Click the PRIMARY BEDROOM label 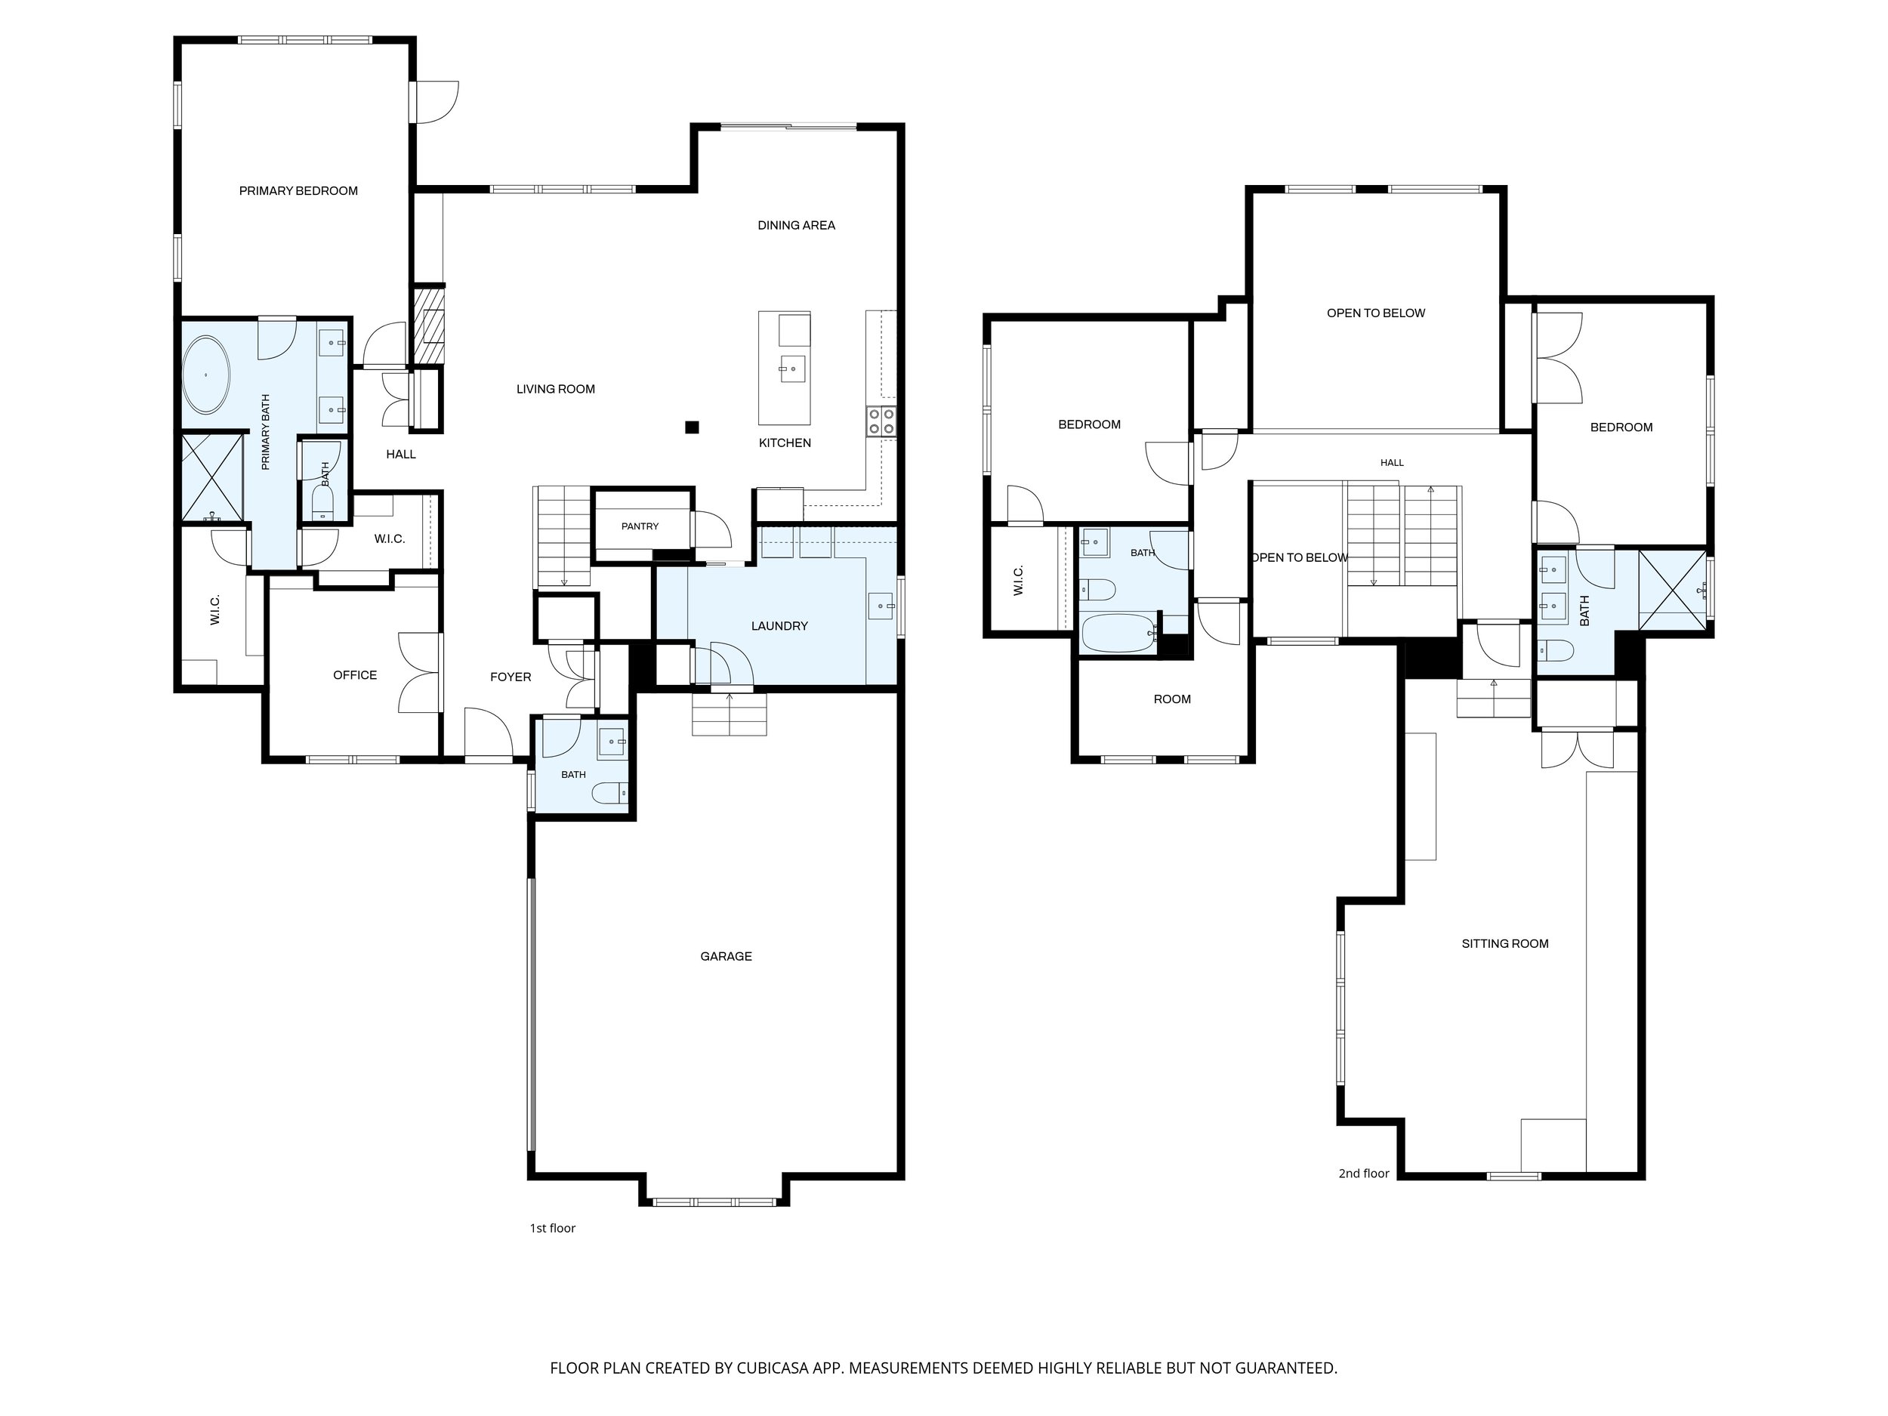pos(298,191)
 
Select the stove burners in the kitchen pos(881,422)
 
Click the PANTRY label pos(640,526)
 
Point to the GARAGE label pos(727,957)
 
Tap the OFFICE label pos(355,675)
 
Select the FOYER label pos(511,677)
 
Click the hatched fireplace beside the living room pos(429,326)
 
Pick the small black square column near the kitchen pos(693,427)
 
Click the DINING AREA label pos(796,225)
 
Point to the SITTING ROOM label pos(1505,944)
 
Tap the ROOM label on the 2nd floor pos(1172,699)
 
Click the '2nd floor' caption pos(1364,1174)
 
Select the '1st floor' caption pos(552,1228)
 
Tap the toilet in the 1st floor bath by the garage pos(610,794)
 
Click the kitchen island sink pos(788,369)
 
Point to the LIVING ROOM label pos(556,389)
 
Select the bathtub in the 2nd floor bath pos(1118,634)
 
